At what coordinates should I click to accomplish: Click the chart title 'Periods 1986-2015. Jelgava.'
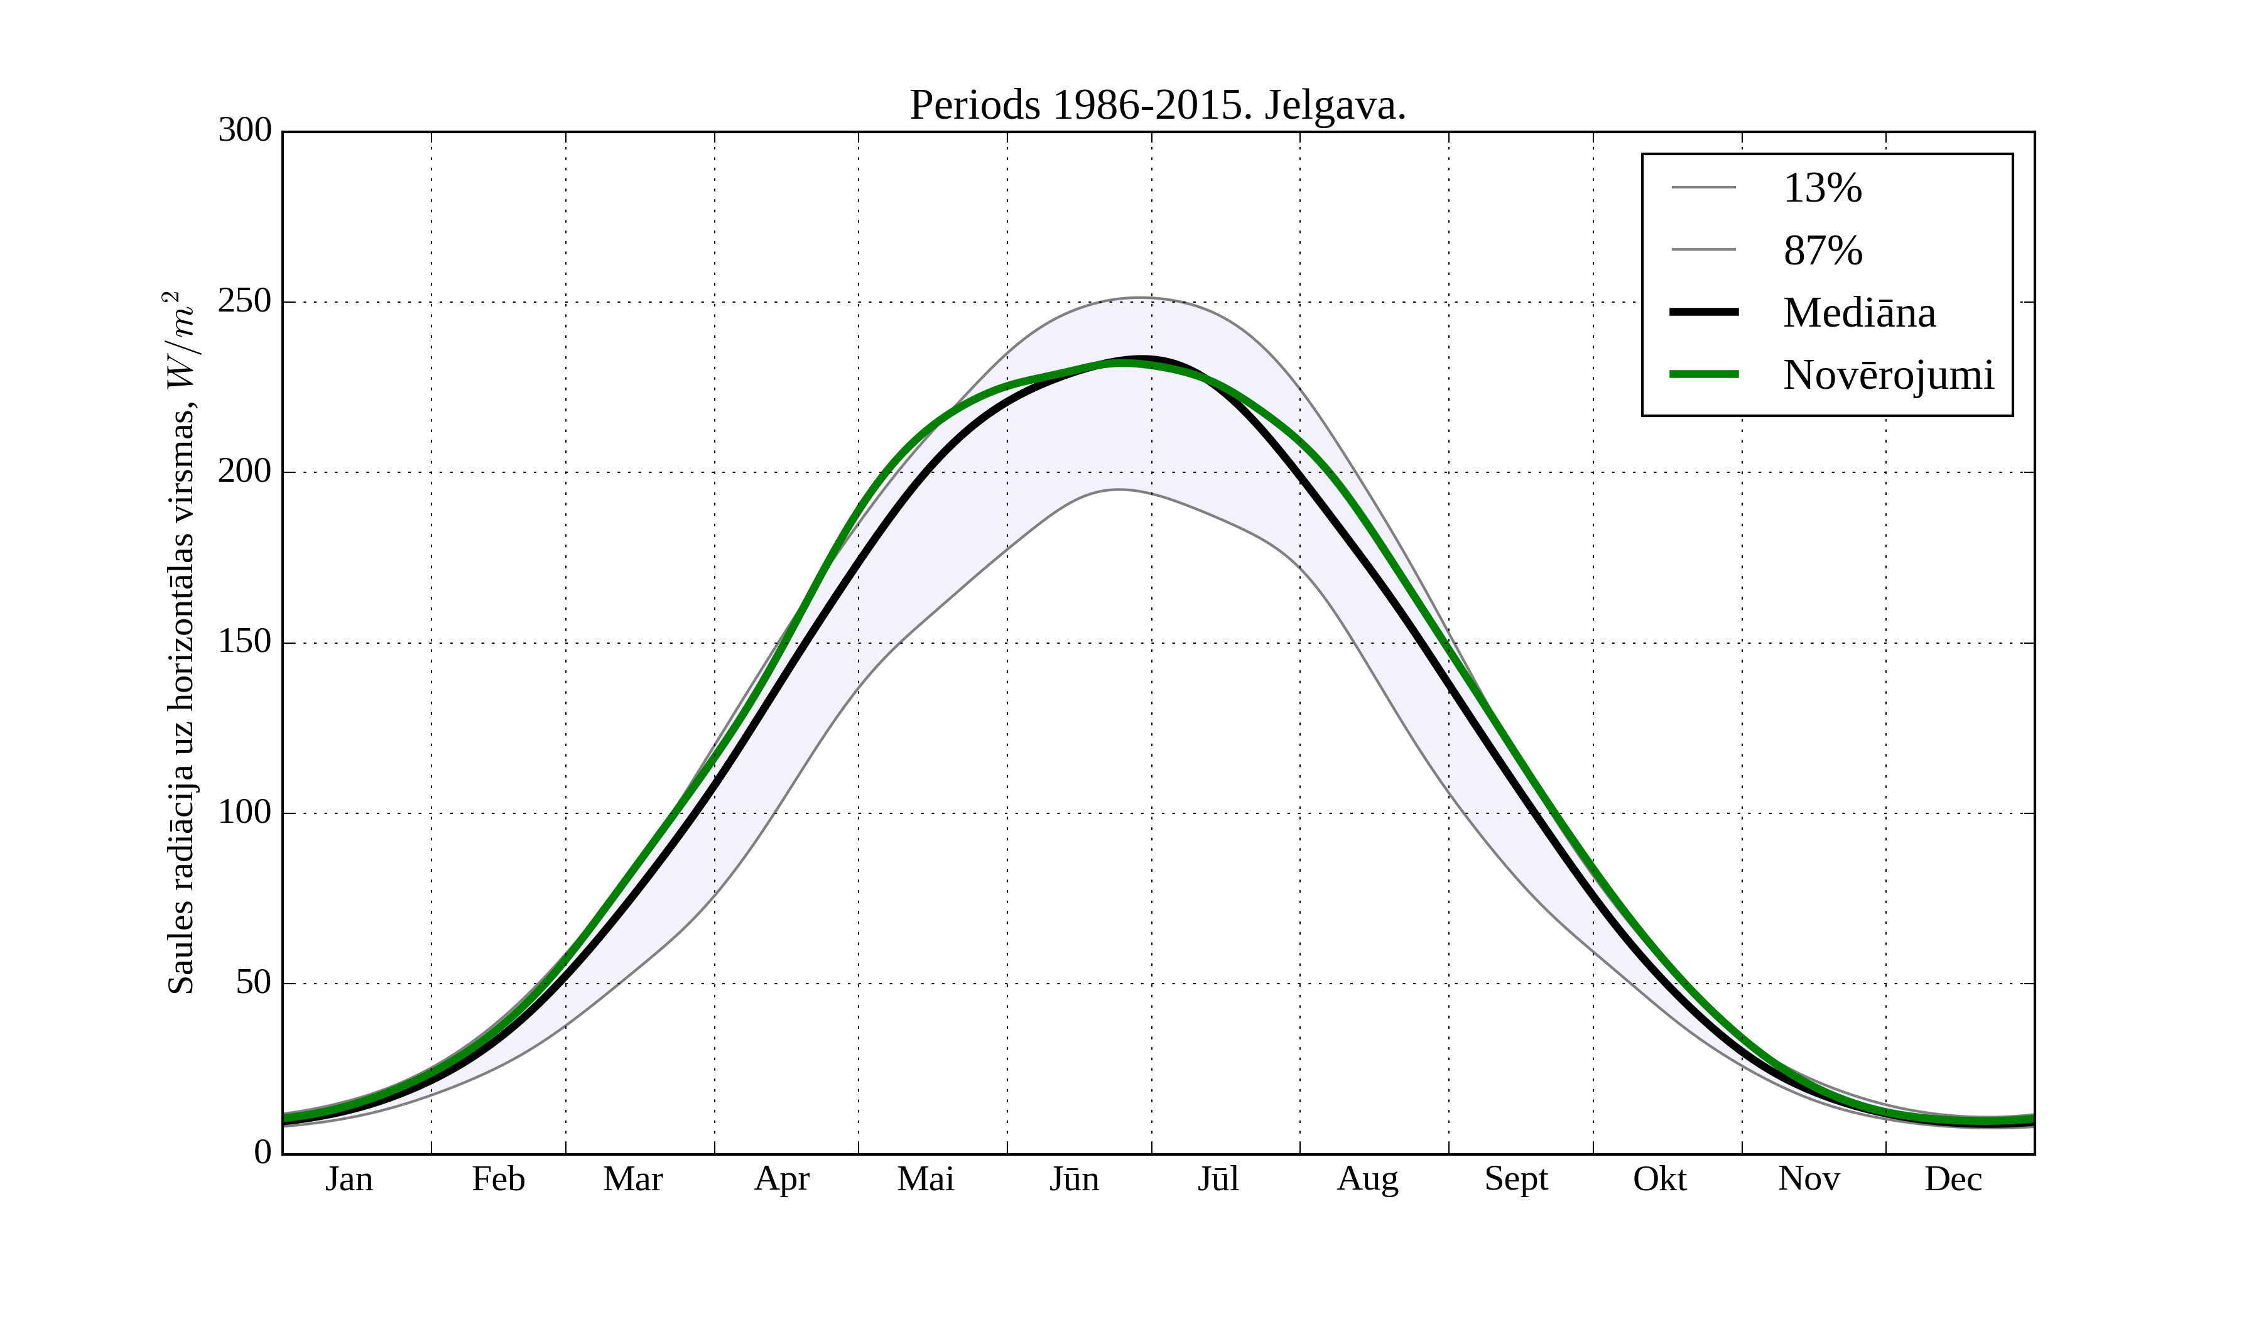[x=1158, y=106]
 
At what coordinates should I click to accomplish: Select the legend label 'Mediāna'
[x=1859, y=313]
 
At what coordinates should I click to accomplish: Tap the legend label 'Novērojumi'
[x=1888, y=375]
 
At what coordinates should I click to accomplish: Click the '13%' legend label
[x=1822, y=188]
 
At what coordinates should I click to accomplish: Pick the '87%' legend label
[x=1822, y=251]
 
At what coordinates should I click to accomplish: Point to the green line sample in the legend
[x=1703, y=374]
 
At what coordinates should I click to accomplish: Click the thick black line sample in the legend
[x=1703, y=312]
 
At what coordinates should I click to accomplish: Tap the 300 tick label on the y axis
[x=244, y=130]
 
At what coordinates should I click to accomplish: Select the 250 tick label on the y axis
[x=244, y=301]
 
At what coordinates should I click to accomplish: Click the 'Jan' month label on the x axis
[x=349, y=1179]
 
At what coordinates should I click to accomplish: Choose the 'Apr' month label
[x=781, y=1179]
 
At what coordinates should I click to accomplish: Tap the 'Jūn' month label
[x=1074, y=1179]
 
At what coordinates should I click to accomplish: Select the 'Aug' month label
[x=1367, y=1179]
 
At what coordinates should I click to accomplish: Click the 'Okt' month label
[x=1659, y=1179]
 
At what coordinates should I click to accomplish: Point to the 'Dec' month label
[x=1953, y=1179]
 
